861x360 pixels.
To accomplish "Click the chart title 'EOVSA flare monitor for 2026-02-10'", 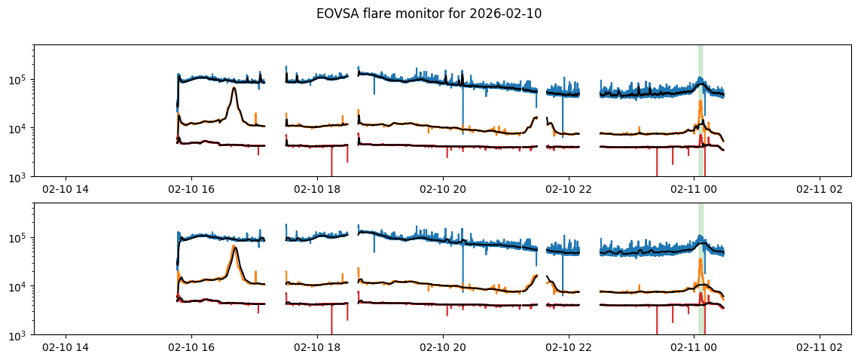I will tap(430, 14).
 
